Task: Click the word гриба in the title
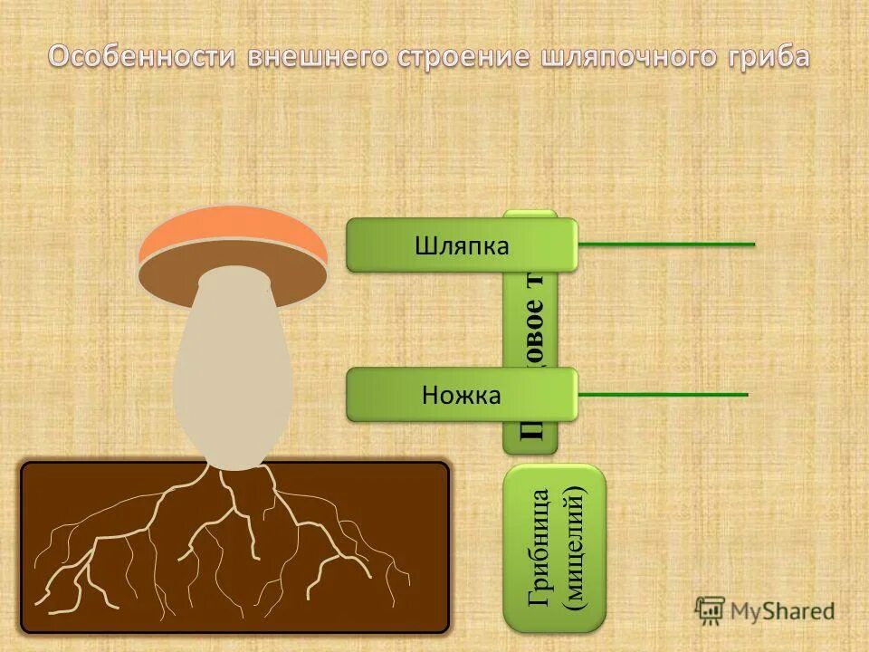tap(769, 57)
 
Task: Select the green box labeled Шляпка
tap(461, 245)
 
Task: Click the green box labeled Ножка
tap(461, 394)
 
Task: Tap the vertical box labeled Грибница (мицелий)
tap(554, 548)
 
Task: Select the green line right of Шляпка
tap(666, 244)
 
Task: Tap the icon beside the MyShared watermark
tap(711, 609)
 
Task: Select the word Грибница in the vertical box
tap(540, 548)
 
